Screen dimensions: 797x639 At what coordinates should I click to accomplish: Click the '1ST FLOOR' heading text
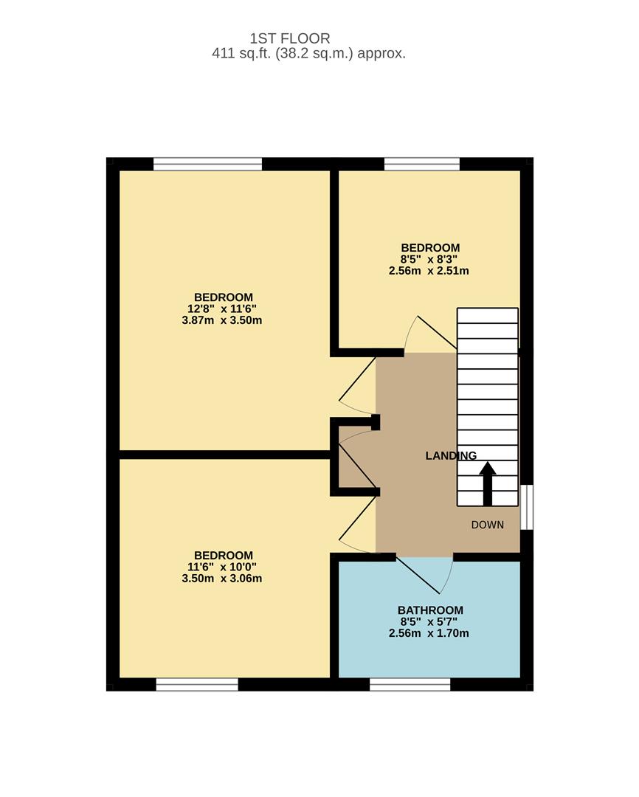click(x=289, y=38)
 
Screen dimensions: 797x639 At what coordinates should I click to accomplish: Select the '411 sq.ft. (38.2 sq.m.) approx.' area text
click(x=308, y=54)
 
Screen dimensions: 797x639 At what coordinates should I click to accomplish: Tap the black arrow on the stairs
click(x=487, y=483)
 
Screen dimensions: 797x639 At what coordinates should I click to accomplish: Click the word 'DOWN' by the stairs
click(x=488, y=525)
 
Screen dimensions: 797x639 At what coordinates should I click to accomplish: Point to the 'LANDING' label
click(x=451, y=456)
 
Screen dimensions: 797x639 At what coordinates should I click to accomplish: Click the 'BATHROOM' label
click(x=430, y=610)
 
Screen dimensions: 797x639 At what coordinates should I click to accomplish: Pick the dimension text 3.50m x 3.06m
click(x=222, y=579)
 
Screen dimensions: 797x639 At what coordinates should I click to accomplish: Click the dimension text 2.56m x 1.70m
click(x=429, y=633)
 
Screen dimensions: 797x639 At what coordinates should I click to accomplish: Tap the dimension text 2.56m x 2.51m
click(x=429, y=271)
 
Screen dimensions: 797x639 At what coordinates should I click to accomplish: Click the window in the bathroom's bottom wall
click(x=410, y=684)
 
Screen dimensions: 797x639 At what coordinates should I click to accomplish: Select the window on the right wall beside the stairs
click(x=527, y=507)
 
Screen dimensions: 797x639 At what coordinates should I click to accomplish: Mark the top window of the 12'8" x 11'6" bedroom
click(x=207, y=164)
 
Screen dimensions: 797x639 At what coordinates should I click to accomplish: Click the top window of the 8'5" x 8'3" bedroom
click(x=422, y=164)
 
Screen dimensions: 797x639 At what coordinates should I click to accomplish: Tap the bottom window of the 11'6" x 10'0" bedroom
click(x=197, y=684)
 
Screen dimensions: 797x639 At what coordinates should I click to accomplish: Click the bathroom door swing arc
click(x=435, y=576)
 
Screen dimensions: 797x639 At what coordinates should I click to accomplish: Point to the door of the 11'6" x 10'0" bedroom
click(x=357, y=525)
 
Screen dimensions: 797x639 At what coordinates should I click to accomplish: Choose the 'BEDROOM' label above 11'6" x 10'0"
click(x=223, y=555)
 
